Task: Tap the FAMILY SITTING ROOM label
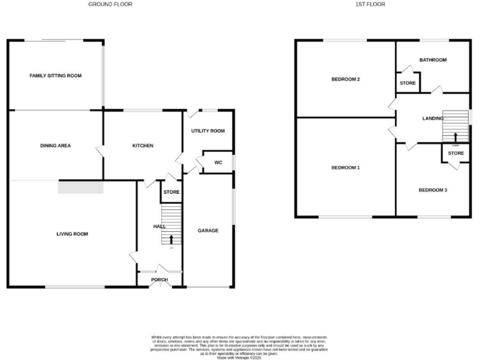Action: (x=56, y=76)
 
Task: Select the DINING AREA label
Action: (x=56, y=146)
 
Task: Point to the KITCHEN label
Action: (x=142, y=146)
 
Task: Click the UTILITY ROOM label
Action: (x=208, y=131)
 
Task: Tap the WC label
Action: (x=218, y=162)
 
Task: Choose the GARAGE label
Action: (x=208, y=231)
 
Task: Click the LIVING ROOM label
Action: (x=72, y=234)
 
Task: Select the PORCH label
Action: (x=159, y=280)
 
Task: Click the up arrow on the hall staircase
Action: (x=172, y=239)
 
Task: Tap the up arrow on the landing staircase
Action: (x=455, y=136)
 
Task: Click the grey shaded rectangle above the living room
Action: (x=80, y=187)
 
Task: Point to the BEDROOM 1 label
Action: (x=346, y=168)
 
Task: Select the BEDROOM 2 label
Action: (x=346, y=79)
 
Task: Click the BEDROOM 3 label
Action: (x=432, y=190)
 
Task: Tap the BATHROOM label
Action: (x=432, y=60)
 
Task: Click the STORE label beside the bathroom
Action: (x=407, y=83)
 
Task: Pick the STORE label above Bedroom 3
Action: (x=456, y=153)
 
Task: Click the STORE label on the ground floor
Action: (x=171, y=192)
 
